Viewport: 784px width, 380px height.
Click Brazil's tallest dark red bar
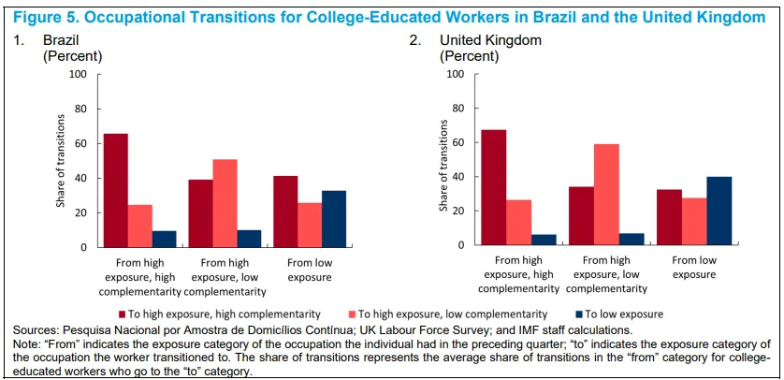point(115,191)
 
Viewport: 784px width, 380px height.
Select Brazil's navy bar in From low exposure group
point(334,219)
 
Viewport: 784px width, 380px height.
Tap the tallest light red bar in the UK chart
point(606,195)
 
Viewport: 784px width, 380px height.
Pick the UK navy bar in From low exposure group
point(719,211)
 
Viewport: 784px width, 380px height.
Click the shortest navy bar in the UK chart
point(544,240)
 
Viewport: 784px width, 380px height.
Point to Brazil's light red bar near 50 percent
point(225,203)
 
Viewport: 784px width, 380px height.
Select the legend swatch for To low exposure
point(578,314)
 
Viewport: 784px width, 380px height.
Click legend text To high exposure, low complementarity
point(453,314)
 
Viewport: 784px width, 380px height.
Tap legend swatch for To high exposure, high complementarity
point(123,314)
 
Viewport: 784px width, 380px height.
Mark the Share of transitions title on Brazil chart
point(61,161)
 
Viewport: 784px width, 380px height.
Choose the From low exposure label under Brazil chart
point(309,270)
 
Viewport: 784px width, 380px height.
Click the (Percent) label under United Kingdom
point(469,56)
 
